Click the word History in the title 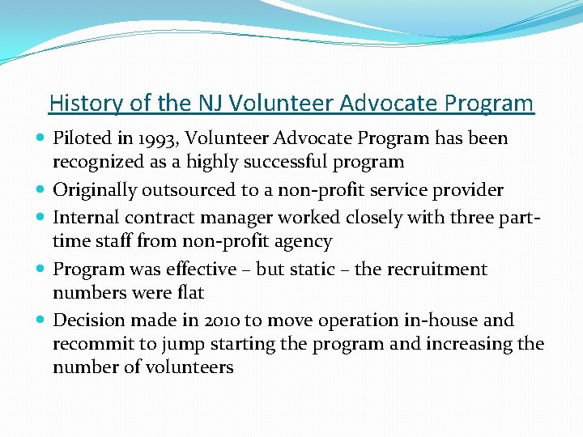click(81, 104)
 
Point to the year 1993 click(148, 138)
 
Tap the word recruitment click(440, 269)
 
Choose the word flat click(189, 292)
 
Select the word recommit click(93, 344)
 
